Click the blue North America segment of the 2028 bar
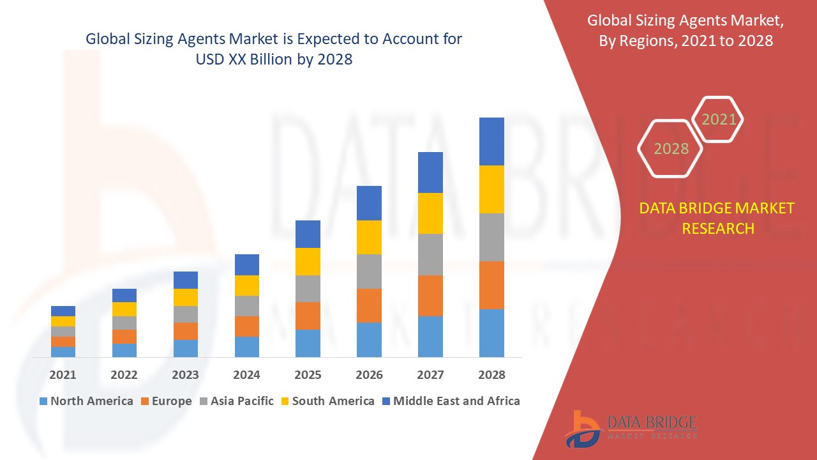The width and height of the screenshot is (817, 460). click(x=491, y=333)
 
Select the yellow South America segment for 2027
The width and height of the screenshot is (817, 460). click(x=430, y=213)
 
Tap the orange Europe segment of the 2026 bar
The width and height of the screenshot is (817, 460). click(x=369, y=305)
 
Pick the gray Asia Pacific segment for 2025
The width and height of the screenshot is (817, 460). click(x=308, y=289)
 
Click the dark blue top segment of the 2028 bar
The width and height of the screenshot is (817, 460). click(x=491, y=141)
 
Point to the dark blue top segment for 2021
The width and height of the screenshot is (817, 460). click(x=63, y=311)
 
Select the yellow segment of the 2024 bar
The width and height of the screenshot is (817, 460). click(x=247, y=286)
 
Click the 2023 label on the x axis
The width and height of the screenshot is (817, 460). click(x=185, y=375)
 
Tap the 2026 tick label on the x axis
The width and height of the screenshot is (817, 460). click(x=369, y=375)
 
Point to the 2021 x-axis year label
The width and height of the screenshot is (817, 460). click(x=63, y=375)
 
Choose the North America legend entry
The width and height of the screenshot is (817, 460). click(x=86, y=401)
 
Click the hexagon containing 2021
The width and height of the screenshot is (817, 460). click(x=718, y=119)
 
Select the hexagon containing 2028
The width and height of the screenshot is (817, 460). click(x=670, y=149)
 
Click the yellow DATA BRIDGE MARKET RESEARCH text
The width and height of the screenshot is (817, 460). click(x=717, y=218)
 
